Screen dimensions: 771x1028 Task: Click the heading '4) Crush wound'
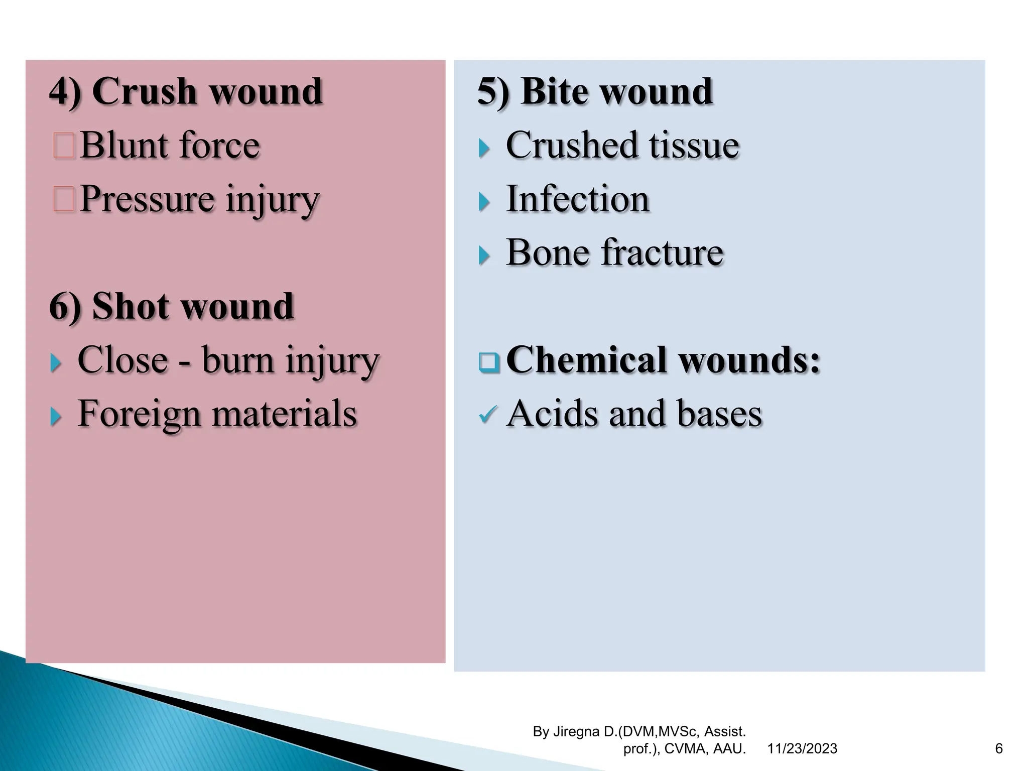coord(186,92)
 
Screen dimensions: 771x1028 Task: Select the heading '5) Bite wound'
coord(595,92)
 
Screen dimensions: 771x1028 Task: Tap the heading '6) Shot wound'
coord(171,306)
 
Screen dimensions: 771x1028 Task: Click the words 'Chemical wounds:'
coord(663,360)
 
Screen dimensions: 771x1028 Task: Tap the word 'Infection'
coord(578,199)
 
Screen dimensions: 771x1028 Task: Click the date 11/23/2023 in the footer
coord(802,749)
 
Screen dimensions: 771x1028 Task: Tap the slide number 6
coord(999,749)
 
